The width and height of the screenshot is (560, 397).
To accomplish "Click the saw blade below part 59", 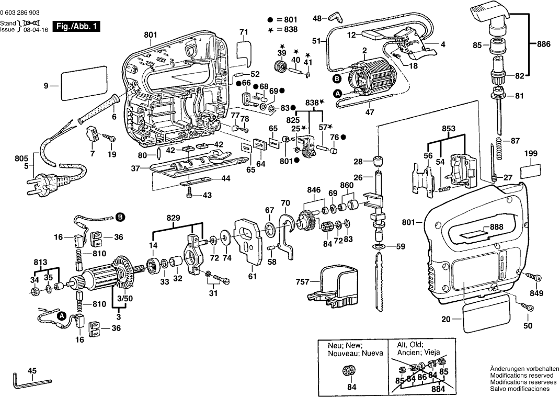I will [x=381, y=282].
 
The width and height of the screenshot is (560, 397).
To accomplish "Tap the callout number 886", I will [x=544, y=45].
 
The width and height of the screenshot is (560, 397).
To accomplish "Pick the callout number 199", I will [x=531, y=153].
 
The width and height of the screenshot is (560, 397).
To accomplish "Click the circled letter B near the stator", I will [x=338, y=79].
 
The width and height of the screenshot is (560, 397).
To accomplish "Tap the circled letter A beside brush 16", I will [x=62, y=316].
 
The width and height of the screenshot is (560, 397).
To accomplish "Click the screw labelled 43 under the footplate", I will [x=191, y=195].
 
